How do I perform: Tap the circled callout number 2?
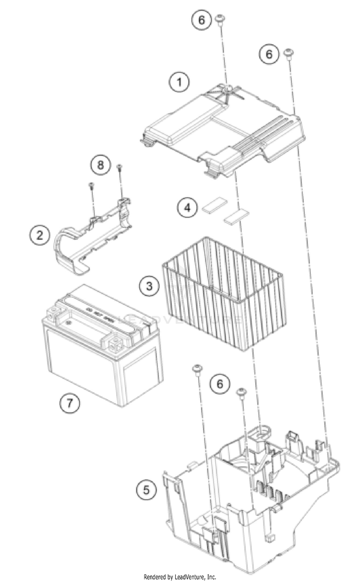tap(40, 235)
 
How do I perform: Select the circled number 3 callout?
tap(149, 287)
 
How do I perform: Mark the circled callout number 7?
tap(70, 402)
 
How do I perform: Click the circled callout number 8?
tap(100, 165)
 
